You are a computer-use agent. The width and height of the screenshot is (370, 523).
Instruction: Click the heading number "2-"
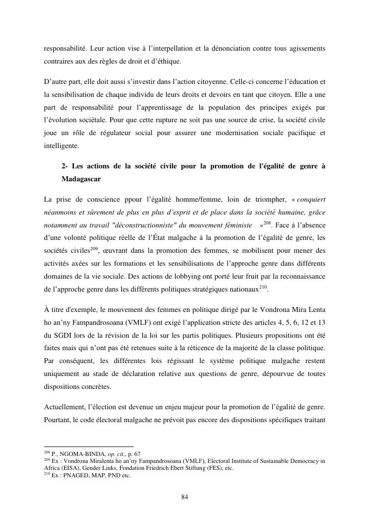click(65, 165)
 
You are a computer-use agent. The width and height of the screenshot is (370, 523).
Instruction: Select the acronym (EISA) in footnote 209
click(68, 468)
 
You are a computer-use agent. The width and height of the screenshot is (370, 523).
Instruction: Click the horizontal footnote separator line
click(89, 447)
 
